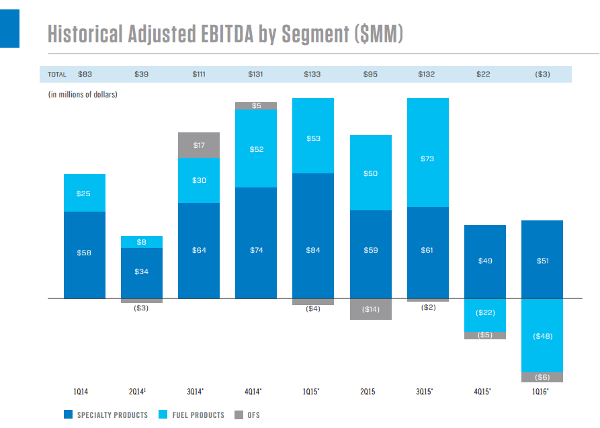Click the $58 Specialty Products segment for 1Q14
pyautogui.click(x=85, y=254)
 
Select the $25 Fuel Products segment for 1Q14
pyautogui.click(x=85, y=194)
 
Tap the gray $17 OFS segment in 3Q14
pyautogui.click(x=199, y=145)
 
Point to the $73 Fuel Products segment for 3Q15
pyautogui.click(x=427, y=159)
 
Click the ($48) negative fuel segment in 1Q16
pyautogui.click(x=542, y=335)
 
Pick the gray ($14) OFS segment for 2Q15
pyautogui.click(x=371, y=309)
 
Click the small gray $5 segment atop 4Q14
pyautogui.click(x=256, y=105)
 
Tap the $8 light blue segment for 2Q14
pyautogui.click(x=142, y=242)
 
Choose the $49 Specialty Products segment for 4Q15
pyautogui.click(x=484, y=261)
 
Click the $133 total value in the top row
pyautogui.click(x=312, y=74)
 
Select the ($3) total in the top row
pyautogui.click(x=542, y=74)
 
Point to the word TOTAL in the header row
pyautogui.click(x=57, y=74)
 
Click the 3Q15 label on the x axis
pyautogui.click(x=427, y=390)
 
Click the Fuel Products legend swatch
pyautogui.click(x=163, y=415)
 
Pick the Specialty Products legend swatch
pyautogui.click(x=69, y=415)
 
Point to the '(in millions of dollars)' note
pyautogui.click(x=83, y=94)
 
